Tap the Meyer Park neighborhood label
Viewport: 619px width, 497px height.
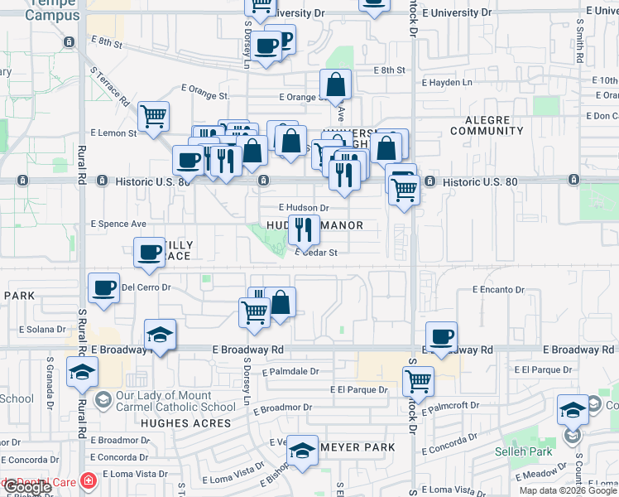coord(357,447)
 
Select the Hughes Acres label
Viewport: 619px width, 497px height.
coord(185,423)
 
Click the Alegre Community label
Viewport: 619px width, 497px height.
coord(487,125)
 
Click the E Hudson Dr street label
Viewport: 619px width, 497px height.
coord(304,208)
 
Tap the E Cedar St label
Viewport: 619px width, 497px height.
coord(316,253)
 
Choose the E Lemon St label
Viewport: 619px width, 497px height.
coord(113,133)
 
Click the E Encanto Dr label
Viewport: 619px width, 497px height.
coord(499,290)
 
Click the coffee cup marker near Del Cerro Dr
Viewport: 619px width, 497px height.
coord(104,287)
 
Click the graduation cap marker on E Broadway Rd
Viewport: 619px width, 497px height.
coord(160,335)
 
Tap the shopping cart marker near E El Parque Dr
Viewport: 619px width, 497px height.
coord(419,381)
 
